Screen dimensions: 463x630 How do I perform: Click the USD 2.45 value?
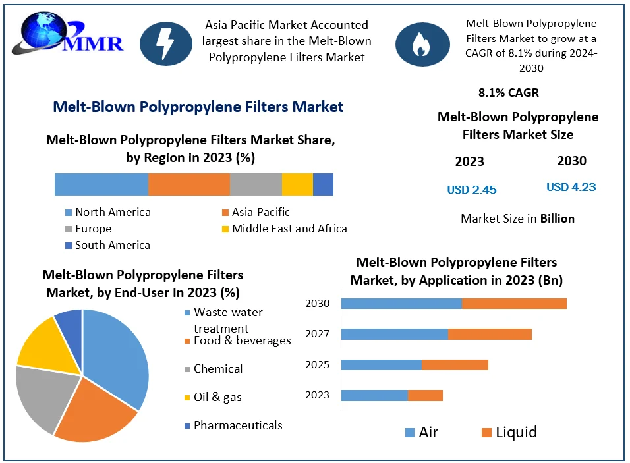471,190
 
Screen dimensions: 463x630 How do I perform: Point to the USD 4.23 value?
571,187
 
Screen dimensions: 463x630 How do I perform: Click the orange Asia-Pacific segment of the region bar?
188,184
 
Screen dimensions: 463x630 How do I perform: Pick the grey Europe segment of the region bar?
256,184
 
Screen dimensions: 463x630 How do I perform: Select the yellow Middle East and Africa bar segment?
297,184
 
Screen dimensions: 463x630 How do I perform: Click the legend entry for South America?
112,245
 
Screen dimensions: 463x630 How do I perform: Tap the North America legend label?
113,212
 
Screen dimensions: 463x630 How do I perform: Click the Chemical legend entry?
217,369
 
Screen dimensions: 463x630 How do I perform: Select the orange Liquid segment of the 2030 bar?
514,304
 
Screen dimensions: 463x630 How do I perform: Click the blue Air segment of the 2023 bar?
374,395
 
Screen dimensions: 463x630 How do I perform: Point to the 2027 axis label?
317,334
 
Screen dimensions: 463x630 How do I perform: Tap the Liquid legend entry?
516,432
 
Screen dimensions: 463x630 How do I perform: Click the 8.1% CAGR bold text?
509,93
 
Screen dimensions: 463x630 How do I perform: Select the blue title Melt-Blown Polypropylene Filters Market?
198,107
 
